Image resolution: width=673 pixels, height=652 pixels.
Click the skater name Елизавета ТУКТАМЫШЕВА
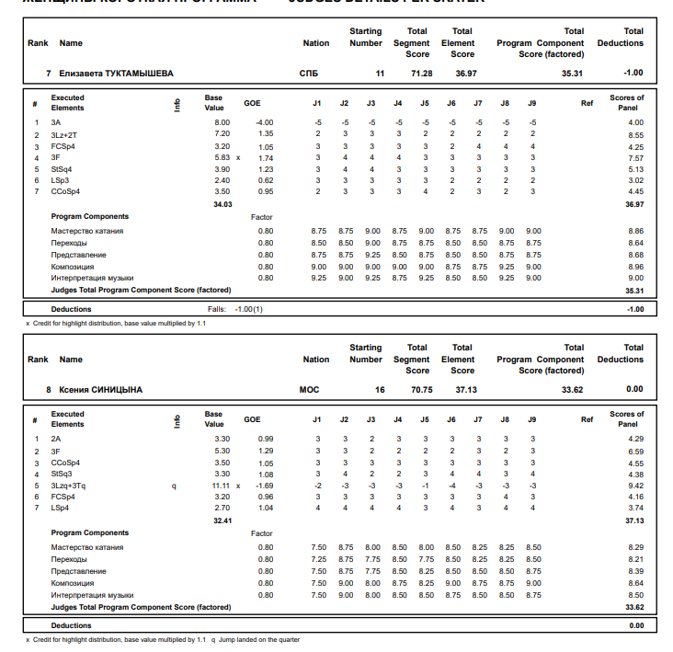point(116,73)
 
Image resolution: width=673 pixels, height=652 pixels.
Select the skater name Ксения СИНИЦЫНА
point(101,389)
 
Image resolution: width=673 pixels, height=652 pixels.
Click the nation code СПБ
point(310,73)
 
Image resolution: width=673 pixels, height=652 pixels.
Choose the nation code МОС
point(310,389)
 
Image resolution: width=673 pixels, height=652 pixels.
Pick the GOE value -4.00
point(264,122)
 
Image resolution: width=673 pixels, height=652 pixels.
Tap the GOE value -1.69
point(264,486)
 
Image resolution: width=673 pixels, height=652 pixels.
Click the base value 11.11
point(221,486)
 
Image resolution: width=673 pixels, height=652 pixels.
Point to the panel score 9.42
point(635,486)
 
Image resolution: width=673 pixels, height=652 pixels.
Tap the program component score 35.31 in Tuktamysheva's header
point(572,73)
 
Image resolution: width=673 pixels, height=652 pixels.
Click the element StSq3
point(62,474)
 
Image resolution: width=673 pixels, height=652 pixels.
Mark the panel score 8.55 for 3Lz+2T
point(635,134)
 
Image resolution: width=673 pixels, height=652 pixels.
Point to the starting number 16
point(380,389)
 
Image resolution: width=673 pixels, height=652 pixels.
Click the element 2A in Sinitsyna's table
point(56,439)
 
